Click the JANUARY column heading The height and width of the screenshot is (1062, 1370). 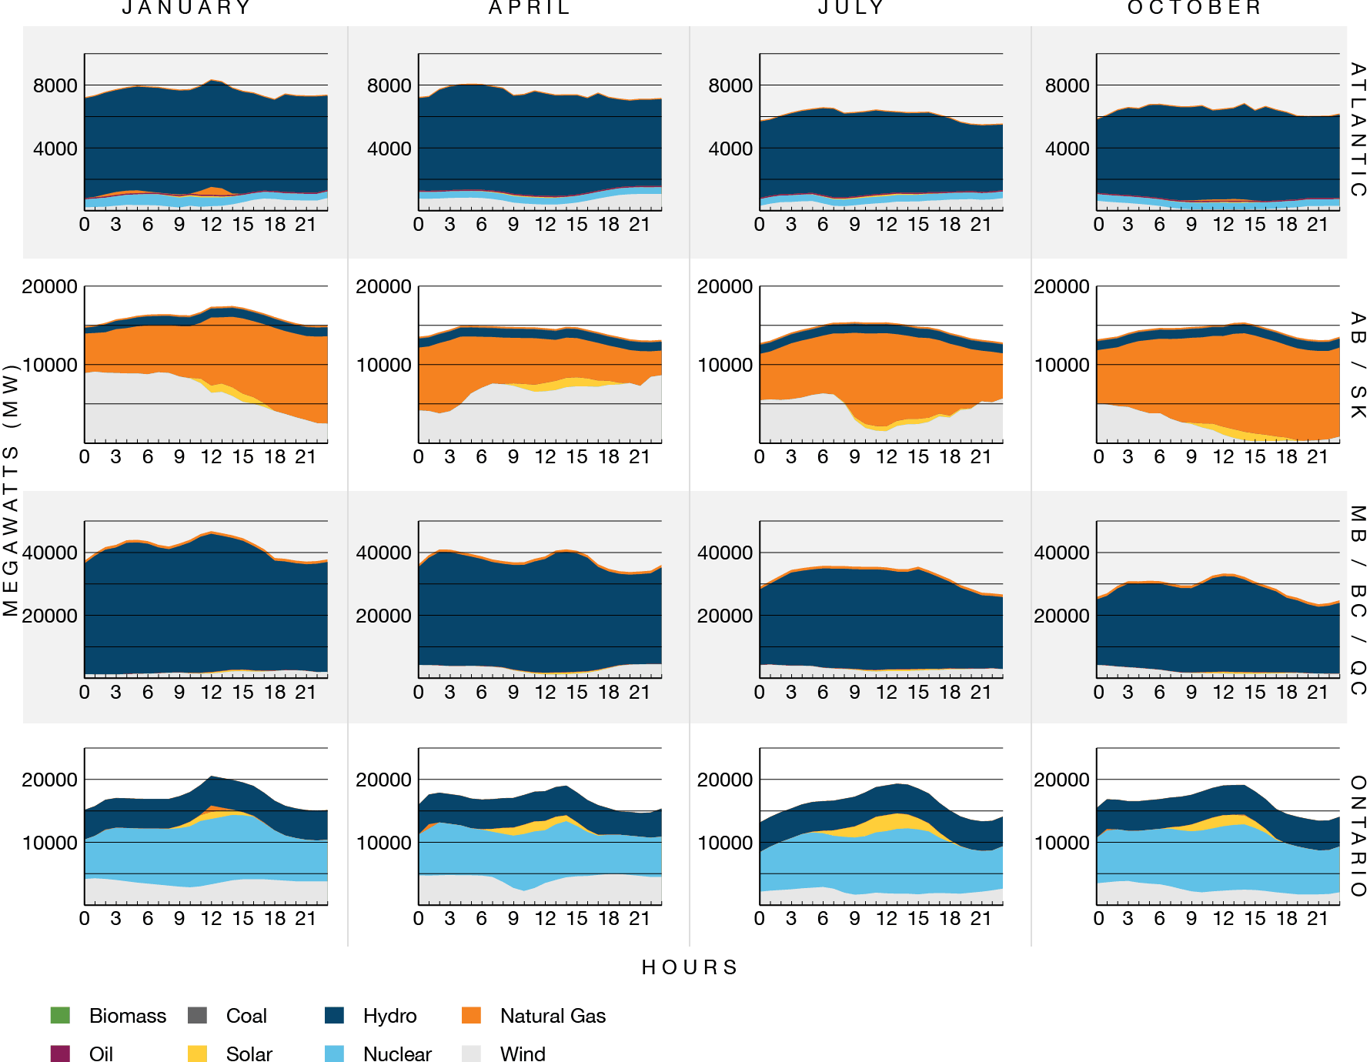point(187,8)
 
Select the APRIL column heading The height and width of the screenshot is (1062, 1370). point(530,8)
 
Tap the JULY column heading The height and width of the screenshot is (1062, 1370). point(851,8)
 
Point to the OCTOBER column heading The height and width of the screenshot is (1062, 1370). point(1195,8)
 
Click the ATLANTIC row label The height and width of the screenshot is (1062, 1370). point(1358,130)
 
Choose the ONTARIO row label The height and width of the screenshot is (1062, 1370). point(1358,836)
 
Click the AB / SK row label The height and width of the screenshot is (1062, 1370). point(1358,366)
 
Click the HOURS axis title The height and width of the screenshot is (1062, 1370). point(690,967)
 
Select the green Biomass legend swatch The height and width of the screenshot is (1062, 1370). point(60,1015)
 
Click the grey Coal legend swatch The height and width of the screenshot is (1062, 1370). point(197,1015)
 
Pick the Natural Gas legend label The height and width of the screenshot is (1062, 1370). point(553,1016)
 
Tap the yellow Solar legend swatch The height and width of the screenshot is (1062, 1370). point(197,1054)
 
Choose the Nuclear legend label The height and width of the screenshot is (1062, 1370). point(397,1054)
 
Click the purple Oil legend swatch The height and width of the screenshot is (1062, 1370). point(60,1054)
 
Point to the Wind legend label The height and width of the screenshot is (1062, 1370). point(523,1054)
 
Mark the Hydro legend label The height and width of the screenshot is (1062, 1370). point(389,1016)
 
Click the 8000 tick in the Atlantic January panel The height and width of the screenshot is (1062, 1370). point(55,85)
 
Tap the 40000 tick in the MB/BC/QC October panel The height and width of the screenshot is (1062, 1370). point(1061,553)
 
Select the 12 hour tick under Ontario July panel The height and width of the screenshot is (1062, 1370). point(886,918)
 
